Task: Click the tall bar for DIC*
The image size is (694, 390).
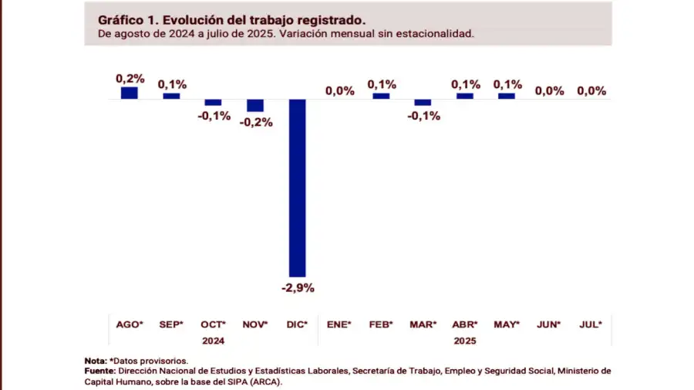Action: (297, 188)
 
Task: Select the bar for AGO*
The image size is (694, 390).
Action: (130, 93)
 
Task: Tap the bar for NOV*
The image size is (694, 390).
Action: (255, 105)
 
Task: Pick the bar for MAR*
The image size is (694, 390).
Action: (423, 102)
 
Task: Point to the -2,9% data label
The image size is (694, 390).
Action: (298, 288)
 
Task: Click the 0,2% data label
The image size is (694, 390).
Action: (130, 78)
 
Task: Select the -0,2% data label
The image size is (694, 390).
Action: (256, 122)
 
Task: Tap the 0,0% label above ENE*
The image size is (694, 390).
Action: (339, 91)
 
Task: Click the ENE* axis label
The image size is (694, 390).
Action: (339, 324)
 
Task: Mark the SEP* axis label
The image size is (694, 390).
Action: (171, 324)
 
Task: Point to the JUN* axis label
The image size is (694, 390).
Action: (549, 324)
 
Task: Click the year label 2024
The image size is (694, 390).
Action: (214, 340)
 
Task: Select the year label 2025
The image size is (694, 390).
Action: (465, 340)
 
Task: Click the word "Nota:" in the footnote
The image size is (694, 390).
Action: (96, 361)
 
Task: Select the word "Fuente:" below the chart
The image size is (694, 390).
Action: (101, 371)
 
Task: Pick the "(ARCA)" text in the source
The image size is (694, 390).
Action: (268, 381)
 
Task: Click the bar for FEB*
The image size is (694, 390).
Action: (381, 96)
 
